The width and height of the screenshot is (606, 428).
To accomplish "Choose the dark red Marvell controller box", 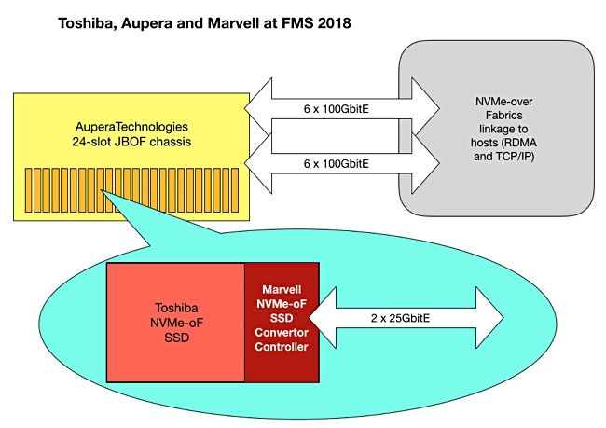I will pyautogui.click(x=281, y=323).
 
